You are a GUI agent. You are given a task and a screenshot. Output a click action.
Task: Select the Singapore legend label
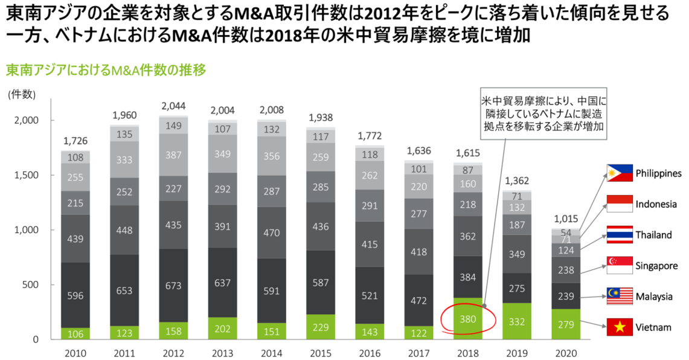tap(656, 266)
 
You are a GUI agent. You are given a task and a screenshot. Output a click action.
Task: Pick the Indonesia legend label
tap(656, 204)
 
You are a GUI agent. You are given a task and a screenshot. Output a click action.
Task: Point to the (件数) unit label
tap(22, 94)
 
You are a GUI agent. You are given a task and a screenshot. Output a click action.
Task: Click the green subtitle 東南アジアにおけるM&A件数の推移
tap(106, 70)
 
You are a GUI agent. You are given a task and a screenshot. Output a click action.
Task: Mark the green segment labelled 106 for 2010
tap(75, 333)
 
